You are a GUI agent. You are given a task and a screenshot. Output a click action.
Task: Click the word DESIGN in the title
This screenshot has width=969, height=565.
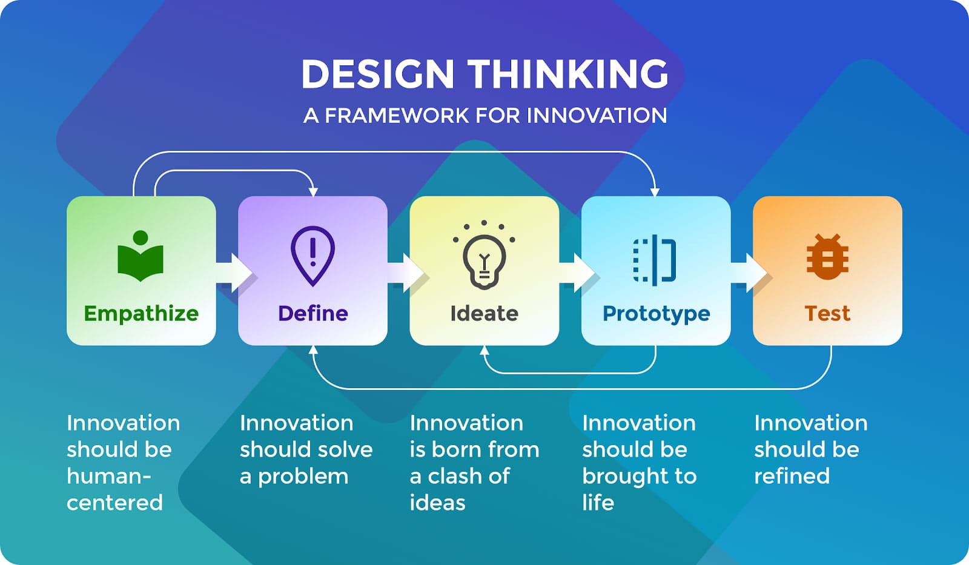pyautogui.click(x=378, y=74)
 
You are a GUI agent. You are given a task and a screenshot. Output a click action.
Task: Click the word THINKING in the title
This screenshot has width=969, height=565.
pyautogui.click(x=569, y=74)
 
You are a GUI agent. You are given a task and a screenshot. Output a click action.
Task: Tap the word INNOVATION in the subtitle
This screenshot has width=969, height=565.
pyautogui.click(x=597, y=116)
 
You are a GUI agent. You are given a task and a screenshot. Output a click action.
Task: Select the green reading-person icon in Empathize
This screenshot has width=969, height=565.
pyautogui.click(x=141, y=256)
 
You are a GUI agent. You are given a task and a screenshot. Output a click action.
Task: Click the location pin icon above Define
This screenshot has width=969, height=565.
pyautogui.click(x=313, y=256)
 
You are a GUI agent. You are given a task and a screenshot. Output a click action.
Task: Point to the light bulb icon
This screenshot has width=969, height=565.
pyautogui.click(x=484, y=255)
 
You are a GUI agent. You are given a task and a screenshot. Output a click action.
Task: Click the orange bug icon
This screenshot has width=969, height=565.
pyautogui.click(x=827, y=257)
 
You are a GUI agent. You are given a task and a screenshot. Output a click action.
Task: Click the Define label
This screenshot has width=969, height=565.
pyautogui.click(x=313, y=313)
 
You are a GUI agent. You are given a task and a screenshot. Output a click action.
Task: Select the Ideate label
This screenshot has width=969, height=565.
pyautogui.click(x=484, y=313)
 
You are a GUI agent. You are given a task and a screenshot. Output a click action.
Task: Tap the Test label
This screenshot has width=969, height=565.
pyautogui.click(x=827, y=313)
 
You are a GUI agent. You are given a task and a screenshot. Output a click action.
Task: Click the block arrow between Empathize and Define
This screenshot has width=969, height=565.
pyautogui.click(x=234, y=273)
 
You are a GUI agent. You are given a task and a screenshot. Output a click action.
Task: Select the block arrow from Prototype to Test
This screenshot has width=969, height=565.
pyautogui.click(x=749, y=273)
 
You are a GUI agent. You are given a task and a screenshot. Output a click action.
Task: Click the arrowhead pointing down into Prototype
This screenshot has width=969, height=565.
pyautogui.click(x=655, y=192)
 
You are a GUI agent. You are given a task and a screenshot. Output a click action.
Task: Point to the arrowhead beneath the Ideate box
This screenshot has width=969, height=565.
pyautogui.click(x=484, y=350)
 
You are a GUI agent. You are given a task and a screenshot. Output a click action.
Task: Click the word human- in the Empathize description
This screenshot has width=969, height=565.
pyautogui.click(x=109, y=477)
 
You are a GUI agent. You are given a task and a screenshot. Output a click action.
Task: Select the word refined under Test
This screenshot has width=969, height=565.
pyautogui.click(x=792, y=476)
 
